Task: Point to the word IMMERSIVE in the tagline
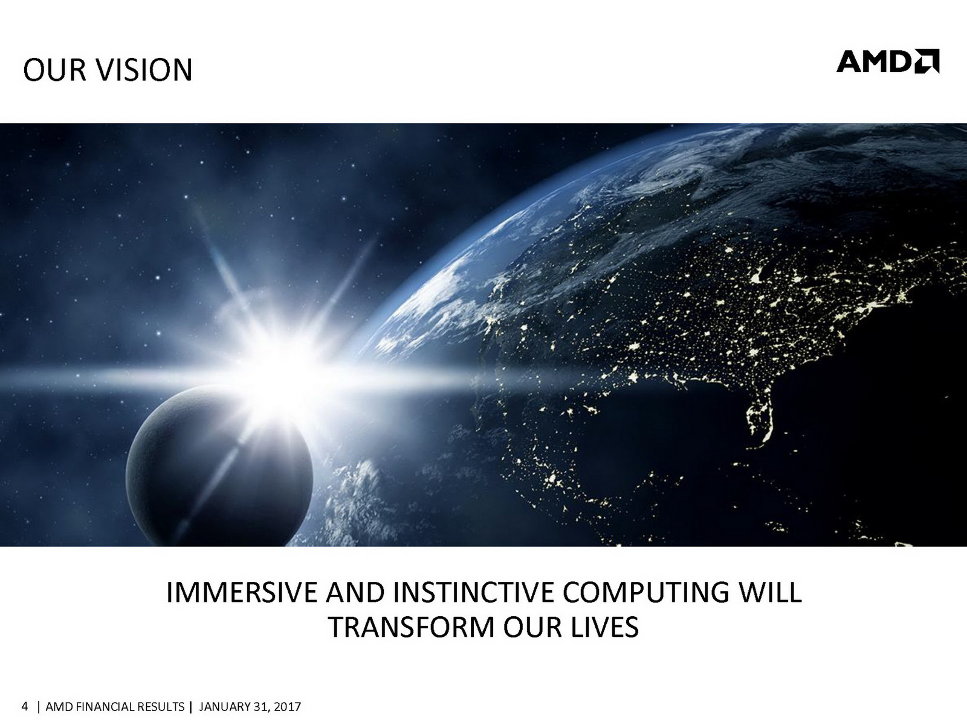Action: click(x=241, y=593)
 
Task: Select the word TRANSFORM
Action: click(x=411, y=627)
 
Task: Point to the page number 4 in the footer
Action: click(x=25, y=707)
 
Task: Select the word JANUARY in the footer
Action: click(x=225, y=707)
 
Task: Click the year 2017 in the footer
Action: click(x=287, y=707)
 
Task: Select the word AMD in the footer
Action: click(x=59, y=707)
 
